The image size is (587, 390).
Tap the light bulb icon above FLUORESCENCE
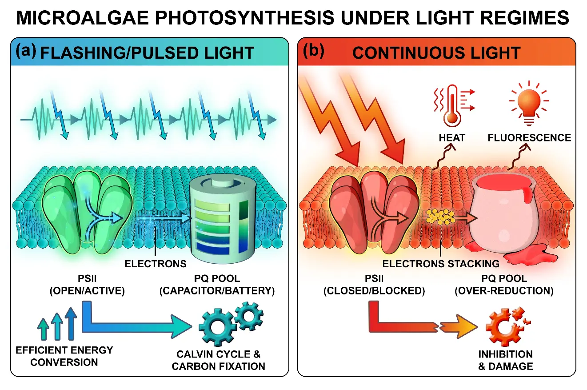coord(529,103)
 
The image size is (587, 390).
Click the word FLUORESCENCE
coord(529,138)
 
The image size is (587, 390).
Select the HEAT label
coord(452,138)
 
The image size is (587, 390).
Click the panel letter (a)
coord(26,51)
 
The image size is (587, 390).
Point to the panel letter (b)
coord(313,51)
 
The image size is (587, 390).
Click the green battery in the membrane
coord(223,218)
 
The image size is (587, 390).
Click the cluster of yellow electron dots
coord(440,217)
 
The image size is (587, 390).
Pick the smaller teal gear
coord(249,316)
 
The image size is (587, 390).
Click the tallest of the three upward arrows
coord(71,324)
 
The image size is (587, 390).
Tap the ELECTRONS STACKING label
coord(441,264)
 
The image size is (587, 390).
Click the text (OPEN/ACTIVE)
coord(87,290)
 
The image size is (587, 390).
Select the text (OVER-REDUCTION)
coord(504,290)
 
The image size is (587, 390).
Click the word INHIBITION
coord(506,354)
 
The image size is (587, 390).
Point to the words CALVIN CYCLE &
coord(219,354)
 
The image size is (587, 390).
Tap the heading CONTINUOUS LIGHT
coord(436,53)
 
